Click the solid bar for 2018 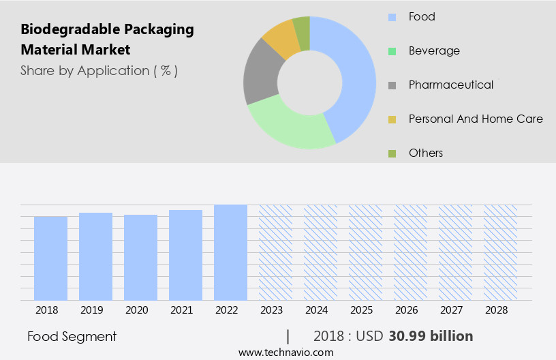point(50,258)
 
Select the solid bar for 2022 point(230,252)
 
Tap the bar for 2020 point(140,257)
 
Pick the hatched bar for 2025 point(365,252)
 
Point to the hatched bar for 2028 point(500,252)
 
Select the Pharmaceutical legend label point(451,85)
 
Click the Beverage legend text point(434,50)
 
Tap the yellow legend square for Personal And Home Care point(392,119)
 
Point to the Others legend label point(426,153)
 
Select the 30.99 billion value point(431,336)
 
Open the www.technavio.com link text point(286,352)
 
